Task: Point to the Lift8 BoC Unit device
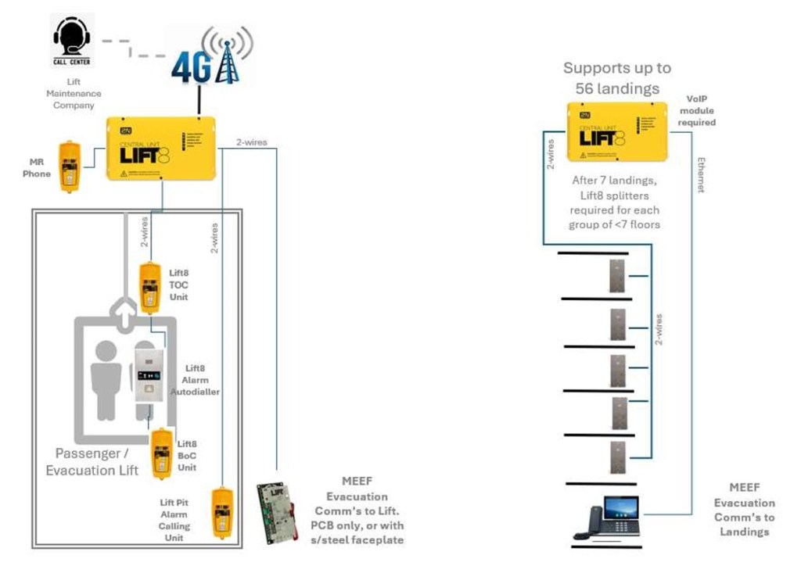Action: tap(162, 454)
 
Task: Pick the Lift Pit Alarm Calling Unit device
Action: tap(223, 512)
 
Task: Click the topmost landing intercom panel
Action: tap(619, 276)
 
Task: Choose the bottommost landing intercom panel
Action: tap(619, 460)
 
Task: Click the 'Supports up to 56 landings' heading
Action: tap(617, 78)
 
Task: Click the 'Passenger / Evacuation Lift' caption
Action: tap(92, 462)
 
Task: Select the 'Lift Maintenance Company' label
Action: tap(74, 93)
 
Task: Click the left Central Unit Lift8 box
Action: tap(160, 148)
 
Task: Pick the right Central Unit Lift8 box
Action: tap(616, 131)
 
